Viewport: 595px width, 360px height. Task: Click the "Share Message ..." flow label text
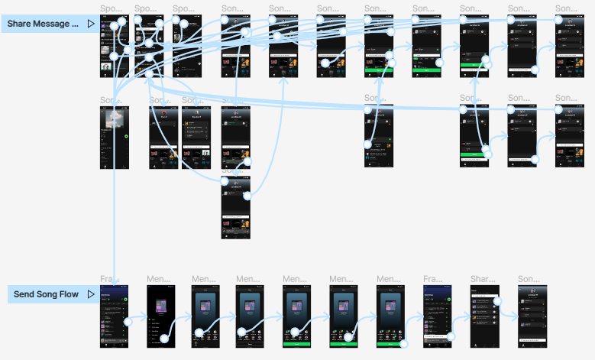43,24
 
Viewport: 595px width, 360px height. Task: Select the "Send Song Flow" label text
45,294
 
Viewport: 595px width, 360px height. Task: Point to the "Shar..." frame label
483,279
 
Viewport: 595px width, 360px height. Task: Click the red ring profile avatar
163,115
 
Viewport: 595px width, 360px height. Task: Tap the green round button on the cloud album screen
126,136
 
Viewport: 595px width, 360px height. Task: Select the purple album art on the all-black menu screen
161,306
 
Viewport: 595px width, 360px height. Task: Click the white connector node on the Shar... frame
497,301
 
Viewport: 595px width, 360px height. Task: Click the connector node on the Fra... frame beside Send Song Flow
128,322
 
